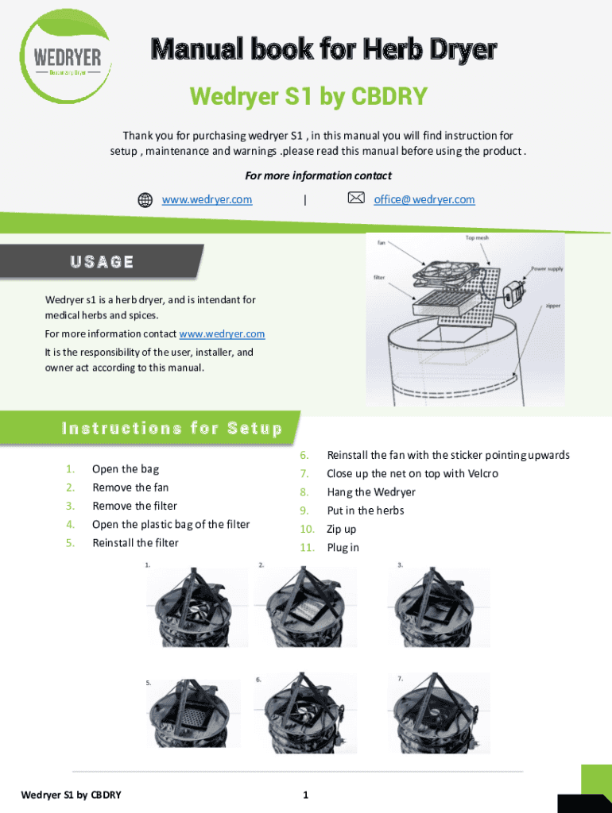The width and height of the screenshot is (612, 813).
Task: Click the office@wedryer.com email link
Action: (x=424, y=199)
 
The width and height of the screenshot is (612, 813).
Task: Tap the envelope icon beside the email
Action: (x=356, y=198)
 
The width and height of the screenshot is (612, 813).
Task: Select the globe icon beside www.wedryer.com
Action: (x=145, y=200)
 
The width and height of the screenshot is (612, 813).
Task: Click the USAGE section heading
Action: (x=102, y=262)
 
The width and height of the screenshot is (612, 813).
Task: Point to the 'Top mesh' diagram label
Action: (x=477, y=237)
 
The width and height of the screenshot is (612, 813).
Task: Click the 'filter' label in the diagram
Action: (x=380, y=278)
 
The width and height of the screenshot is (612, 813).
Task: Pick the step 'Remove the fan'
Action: (x=130, y=487)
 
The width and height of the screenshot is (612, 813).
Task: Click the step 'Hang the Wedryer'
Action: (x=371, y=492)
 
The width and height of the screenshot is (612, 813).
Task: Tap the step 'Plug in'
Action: (x=343, y=548)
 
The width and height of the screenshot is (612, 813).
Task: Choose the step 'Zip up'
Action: (x=342, y=529)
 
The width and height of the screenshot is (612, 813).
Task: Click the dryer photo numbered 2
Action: (x=307, y=608)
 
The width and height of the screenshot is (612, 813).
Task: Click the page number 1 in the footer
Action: (x=305, y=795)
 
